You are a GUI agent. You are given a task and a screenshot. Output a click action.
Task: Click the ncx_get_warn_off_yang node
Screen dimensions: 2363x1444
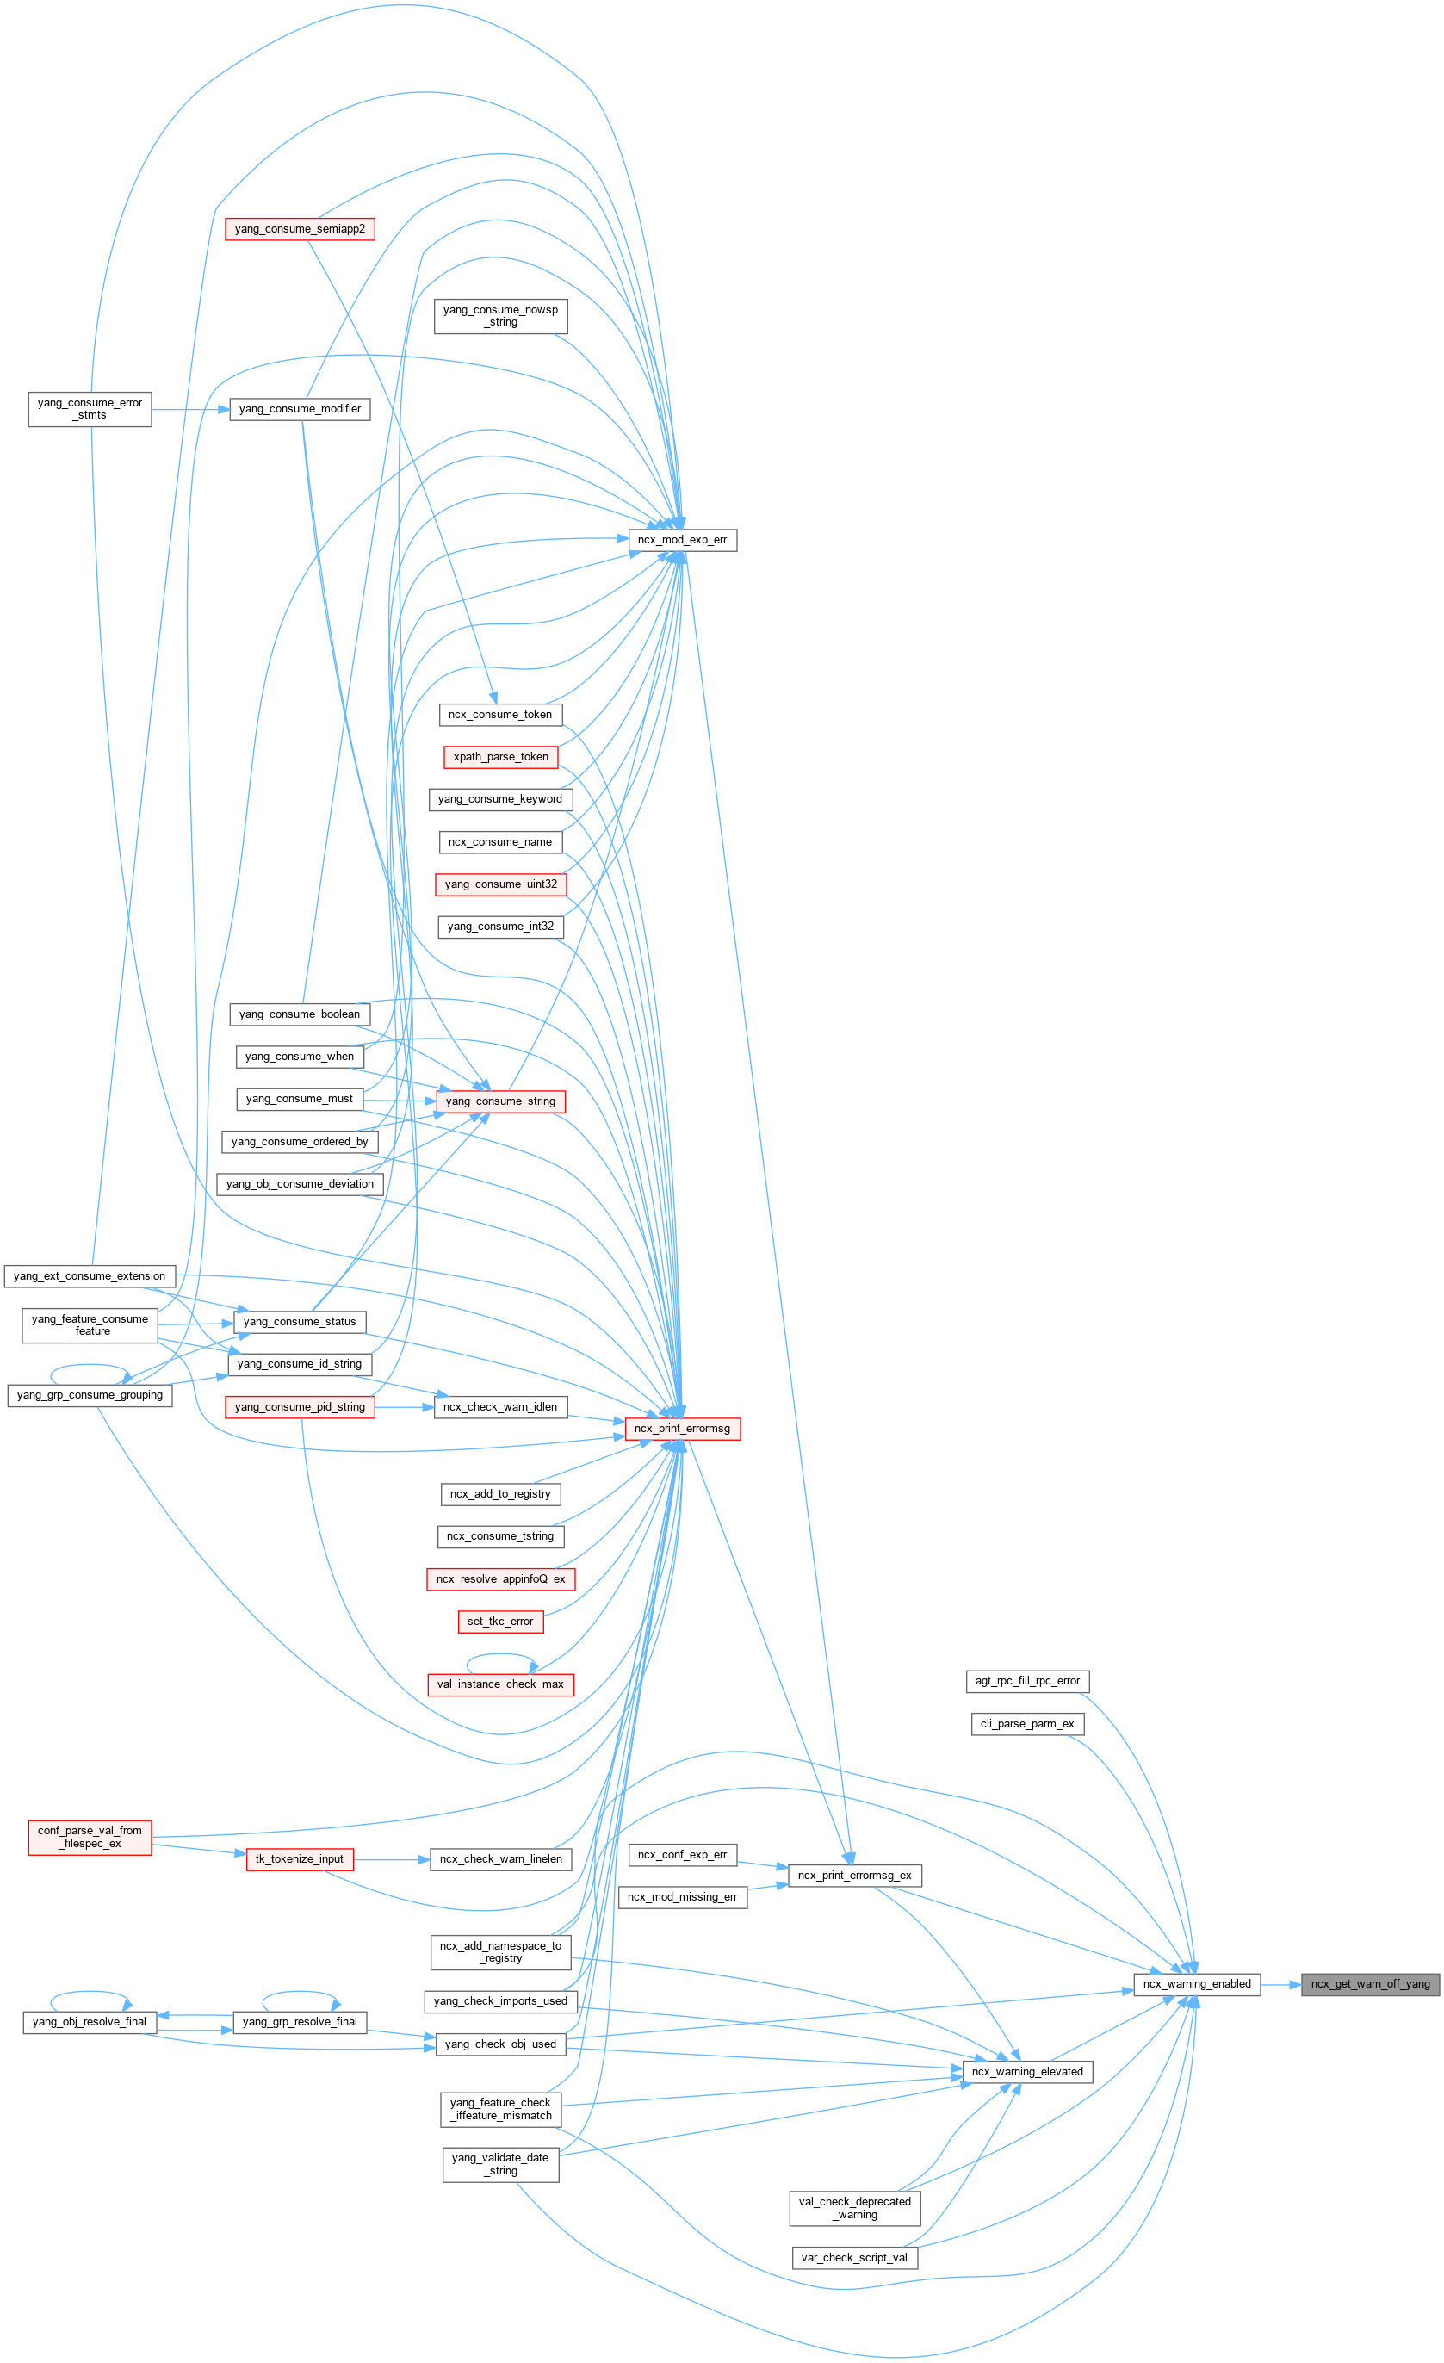click(1370, 1984)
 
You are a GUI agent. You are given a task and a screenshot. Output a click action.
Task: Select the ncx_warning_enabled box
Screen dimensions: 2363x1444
click(1197, 1984)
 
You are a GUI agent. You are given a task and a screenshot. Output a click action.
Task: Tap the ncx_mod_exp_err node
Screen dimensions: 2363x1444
click(682, 540)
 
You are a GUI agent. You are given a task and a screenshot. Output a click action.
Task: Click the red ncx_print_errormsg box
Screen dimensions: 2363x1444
click(682, 1429)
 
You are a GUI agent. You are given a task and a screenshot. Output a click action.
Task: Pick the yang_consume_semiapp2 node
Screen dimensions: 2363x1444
click(299, 229)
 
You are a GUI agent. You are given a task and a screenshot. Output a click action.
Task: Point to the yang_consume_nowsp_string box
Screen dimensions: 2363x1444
click(500, 315)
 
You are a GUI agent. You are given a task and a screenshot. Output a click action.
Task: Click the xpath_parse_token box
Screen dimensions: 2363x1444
click(500, 757)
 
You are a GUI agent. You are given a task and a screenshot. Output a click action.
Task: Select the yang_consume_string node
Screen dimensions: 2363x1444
click(500, 1101)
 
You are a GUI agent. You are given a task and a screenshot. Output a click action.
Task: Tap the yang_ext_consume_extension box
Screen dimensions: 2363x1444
click(90, 1276)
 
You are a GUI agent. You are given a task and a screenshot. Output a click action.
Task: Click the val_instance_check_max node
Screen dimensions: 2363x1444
click(500, 1684)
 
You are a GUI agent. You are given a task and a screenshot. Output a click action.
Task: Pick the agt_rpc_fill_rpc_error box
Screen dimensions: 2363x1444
click(1027, 1681)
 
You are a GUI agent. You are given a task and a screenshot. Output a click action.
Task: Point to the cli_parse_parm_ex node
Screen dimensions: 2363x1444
click(1027, 1724)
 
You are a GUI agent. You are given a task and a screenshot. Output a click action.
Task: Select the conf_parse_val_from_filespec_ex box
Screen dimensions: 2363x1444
click(90, 1837)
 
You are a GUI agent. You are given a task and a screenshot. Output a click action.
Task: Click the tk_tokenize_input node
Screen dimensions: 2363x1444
click(299, 1858)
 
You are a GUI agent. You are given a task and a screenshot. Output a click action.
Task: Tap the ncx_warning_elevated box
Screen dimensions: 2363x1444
click(1027, 2071)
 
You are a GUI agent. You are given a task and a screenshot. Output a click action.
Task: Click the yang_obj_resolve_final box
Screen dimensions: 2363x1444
click(90, 2022)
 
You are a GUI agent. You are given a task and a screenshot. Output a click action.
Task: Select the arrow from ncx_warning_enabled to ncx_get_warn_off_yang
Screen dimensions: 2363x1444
click(1280, 1984)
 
